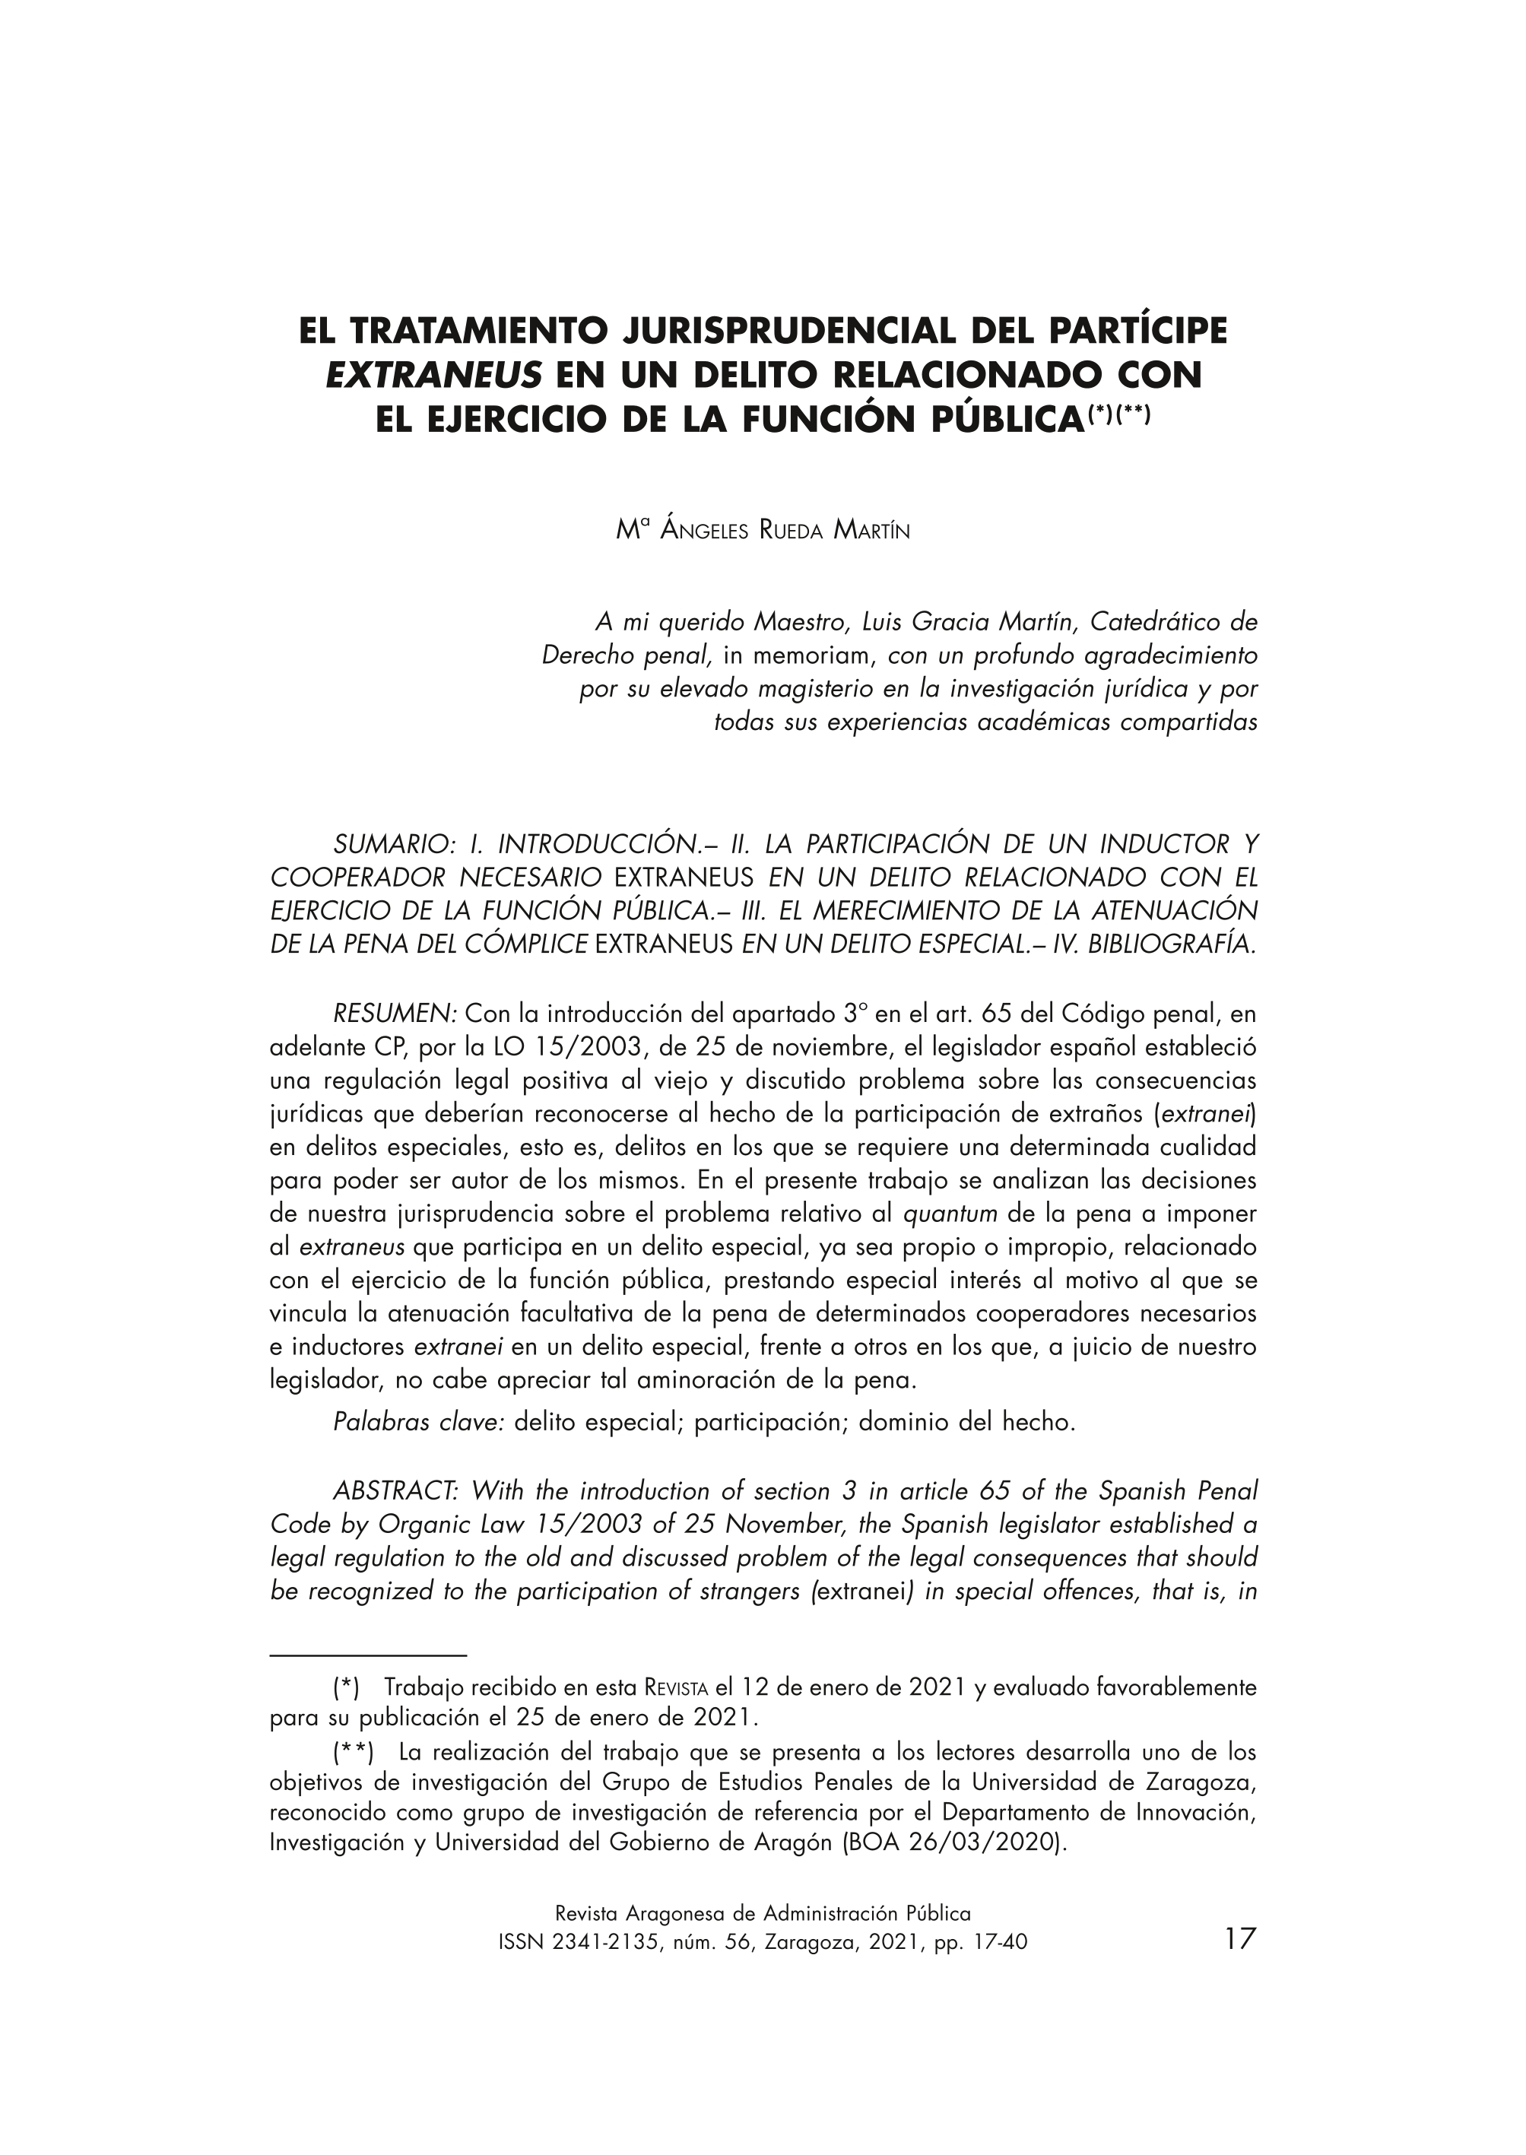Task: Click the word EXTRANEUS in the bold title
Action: pos(434,375)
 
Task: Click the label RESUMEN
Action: pos(395,1015)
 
